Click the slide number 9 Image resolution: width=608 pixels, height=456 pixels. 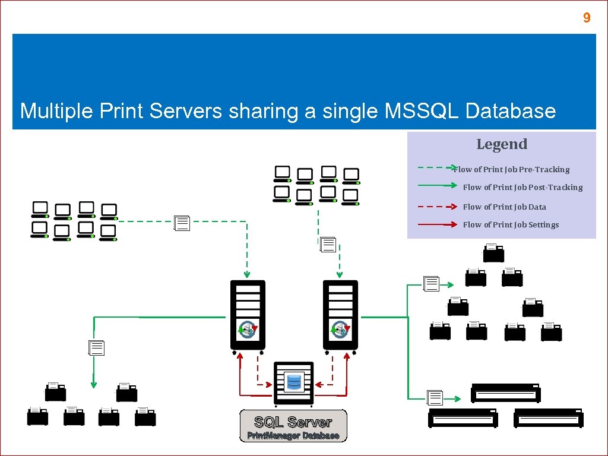[587, 18]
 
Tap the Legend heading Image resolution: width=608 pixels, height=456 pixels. [502, 144]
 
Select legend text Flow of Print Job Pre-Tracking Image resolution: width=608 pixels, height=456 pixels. [512, 169]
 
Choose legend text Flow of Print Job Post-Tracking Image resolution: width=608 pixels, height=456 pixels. [522, 187]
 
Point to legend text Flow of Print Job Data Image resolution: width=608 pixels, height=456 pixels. [504, 207]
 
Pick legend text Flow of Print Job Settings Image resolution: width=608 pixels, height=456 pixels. [511, 224]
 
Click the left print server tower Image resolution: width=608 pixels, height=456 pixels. [248, 315]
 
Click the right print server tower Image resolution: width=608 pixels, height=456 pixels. [340, 315]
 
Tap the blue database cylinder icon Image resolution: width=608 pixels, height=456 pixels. [293, 381]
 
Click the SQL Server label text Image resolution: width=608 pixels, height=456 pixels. [293, 422]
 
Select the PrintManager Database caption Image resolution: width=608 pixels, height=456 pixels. [293, 436]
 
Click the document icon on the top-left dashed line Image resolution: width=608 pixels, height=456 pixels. [182, 223]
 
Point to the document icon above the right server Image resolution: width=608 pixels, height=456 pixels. [328, 245]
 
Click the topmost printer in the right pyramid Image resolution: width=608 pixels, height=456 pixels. [493, 253]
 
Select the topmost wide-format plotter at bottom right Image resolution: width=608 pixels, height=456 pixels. [505, 392]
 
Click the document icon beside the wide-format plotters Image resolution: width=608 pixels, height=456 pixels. [435, 398]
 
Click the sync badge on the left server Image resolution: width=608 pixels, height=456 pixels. [247, 329]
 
